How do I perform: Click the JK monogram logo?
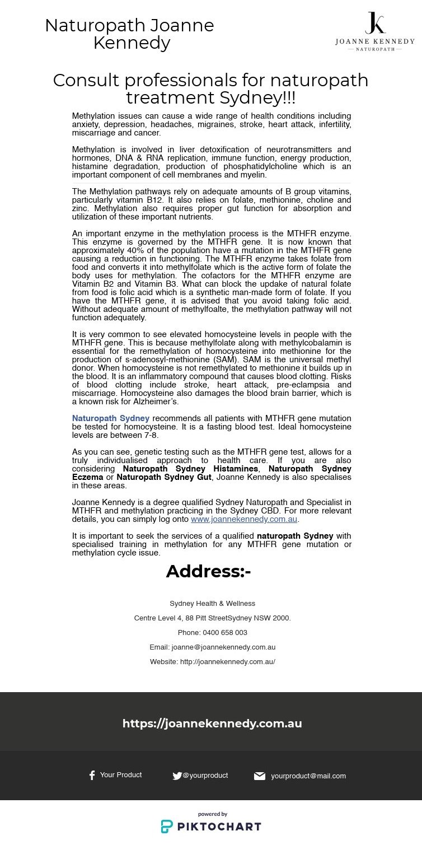click(375, 23)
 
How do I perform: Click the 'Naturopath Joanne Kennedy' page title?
click(130, 34)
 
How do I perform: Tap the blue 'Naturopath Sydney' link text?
click(111, 418)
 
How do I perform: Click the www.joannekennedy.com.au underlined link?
click(244, 519)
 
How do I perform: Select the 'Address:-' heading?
click(208, 571)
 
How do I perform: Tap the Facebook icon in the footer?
click(92, 776)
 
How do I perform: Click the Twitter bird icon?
click(177, 776)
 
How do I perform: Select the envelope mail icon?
click(260, 776)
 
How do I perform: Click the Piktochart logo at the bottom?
click(211, 826)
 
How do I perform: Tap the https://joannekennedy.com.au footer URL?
click(212, 723)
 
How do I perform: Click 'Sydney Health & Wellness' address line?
click(212, 603)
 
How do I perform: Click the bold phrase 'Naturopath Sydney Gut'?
click(164, 477)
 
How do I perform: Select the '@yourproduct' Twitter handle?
click(205, 776)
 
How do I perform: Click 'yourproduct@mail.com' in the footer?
click(308, 776)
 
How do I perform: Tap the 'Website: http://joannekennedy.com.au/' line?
click(212, 661)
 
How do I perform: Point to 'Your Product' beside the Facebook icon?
click(121, 775)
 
